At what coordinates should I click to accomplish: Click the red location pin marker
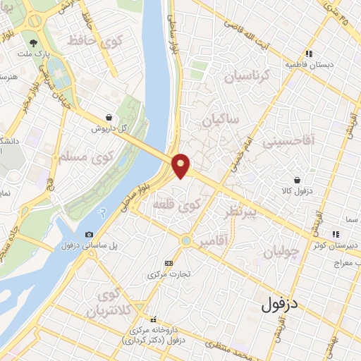pyautogui.click(x=181, y=165)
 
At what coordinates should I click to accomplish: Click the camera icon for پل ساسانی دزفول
pyautogui.click(x=89, y=235)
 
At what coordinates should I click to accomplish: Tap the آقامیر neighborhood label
pyautogui.click(x=213, y=242)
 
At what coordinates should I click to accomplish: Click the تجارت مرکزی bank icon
pyautogui.click(x=168, y=262)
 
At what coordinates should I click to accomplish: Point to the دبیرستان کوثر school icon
pyautogui.click(x=337, y=234)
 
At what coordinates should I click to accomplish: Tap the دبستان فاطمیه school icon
pyautogui.click(x=308, y=54)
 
